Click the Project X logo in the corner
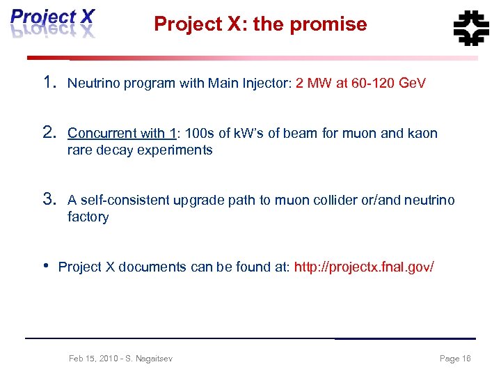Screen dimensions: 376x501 pyautogui.click(x=52, y=22)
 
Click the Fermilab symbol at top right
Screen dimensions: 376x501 pyautogui.click(x=471, y=28)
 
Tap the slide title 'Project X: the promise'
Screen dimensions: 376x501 pyautogui.click(x=260, y=24)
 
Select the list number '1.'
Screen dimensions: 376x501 pyautogui.click(x=49, y=83)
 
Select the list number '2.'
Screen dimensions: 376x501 pyautogui.click(x=49, y=132)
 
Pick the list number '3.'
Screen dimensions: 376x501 pyautogui.click(x=49, y=200)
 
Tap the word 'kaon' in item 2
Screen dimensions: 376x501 pyautogui.click(x=422, y=133)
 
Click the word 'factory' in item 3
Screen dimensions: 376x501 pyautogui.click(x=88, y=217)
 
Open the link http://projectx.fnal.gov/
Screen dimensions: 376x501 pyautogui.click(x=364, y=267)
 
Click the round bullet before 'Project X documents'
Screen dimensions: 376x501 pyautogui.click(x=46, y=266)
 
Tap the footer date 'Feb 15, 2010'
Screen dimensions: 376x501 pyautogui.click(x=91, y=359)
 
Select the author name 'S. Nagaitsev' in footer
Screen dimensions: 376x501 pyautogui.click(x=150, y=359)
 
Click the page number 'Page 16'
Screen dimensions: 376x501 pyautogui.click(x=455, y=359)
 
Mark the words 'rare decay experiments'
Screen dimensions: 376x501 pyautogui.click(x=139, y=150)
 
